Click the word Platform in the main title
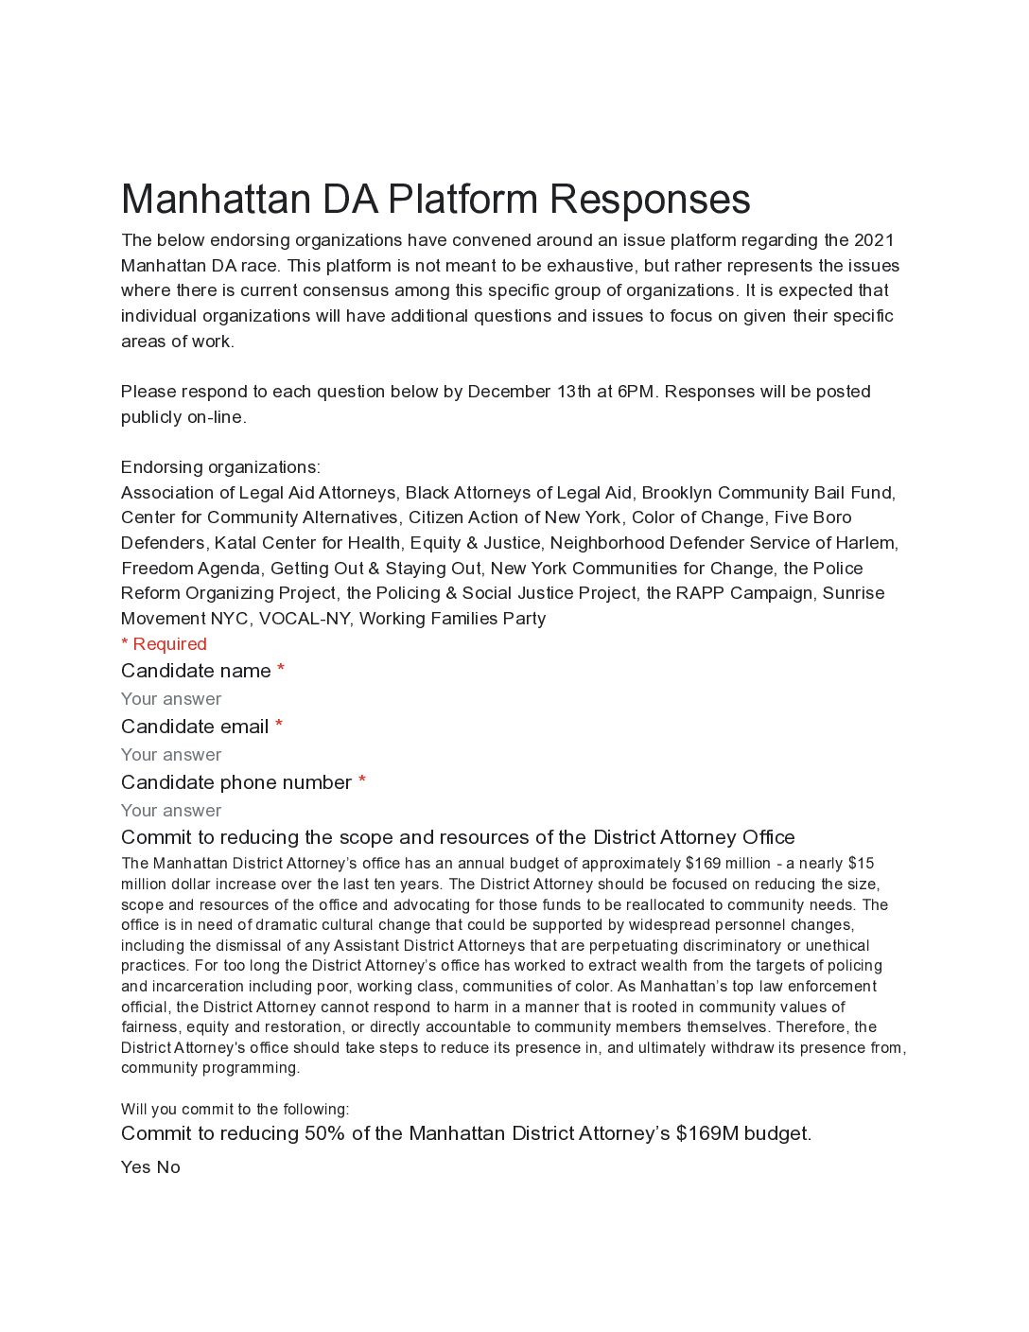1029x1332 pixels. tap(462, 200)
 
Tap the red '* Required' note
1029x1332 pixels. tap(164, 644)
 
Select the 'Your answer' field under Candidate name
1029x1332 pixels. tap(171, 699)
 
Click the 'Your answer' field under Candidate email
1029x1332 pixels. tap(171, 755)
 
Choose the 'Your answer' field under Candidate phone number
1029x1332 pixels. tap(171, 811)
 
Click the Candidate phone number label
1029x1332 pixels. tap(236, 782)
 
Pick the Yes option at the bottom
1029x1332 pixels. tap(135, 1167)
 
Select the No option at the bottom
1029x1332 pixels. tap(168, 1167)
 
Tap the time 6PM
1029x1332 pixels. tap(636, 392)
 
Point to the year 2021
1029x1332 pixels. tap(874, 240)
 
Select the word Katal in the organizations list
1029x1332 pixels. tap(235, 543)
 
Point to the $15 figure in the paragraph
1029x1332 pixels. tap(861, 864)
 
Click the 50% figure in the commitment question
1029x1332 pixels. tap(324, 1133)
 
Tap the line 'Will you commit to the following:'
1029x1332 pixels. tap(235, 1110)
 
